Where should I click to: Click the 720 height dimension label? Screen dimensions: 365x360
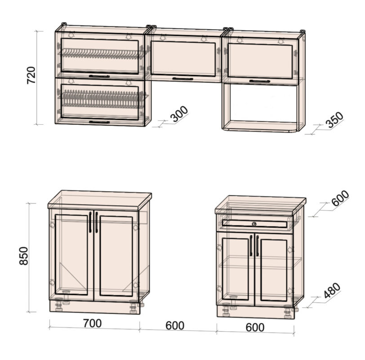31,75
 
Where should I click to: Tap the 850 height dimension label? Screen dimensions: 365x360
23,256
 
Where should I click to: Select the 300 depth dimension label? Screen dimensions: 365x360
179,114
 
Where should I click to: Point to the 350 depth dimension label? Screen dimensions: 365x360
335,120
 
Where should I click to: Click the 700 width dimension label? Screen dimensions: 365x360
93,323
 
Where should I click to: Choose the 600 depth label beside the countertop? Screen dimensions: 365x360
340,198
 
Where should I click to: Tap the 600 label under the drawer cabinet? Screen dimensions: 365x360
255,327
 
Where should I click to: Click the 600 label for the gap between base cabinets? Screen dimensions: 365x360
175,325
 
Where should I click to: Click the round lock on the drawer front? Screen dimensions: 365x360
254,224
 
